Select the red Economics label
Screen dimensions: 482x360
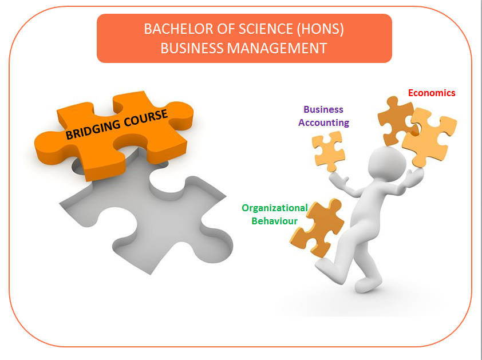(x=432, y=93)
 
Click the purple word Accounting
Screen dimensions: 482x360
(x=323, y=122)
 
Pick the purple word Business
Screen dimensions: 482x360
(x=323, y=109)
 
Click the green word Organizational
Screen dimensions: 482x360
(x=275, y=208)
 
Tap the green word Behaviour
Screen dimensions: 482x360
(x=275, y=221)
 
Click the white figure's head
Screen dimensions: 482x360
(x=387, y=163)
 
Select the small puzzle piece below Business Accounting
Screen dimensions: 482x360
(x=329, y=151)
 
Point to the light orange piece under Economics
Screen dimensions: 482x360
(x=429, y=136)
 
